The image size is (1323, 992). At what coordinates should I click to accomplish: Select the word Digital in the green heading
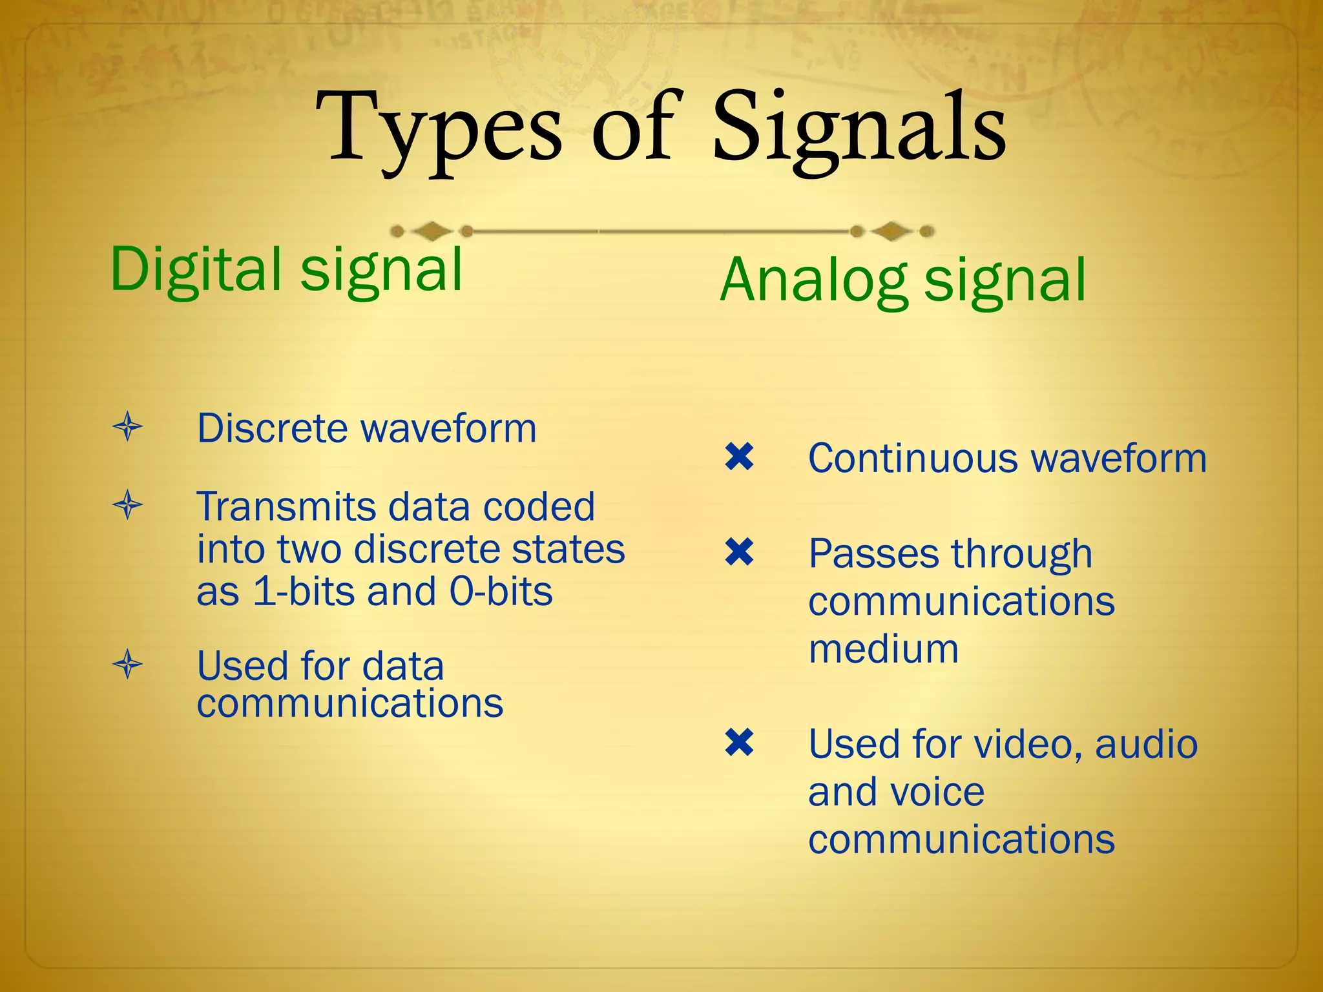(196, 270)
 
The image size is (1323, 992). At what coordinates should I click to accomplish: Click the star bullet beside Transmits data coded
(127, 504)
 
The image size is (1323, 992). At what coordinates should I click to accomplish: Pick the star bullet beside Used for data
(127, 664)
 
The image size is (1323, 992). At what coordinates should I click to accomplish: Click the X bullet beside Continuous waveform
(739, 457)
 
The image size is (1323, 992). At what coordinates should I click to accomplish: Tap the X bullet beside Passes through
(739, 553)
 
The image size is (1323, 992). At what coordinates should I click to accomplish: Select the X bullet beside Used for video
(739, 743)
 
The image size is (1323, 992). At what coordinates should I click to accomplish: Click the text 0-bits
(501, 592)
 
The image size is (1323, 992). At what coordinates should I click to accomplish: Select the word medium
(883, 649)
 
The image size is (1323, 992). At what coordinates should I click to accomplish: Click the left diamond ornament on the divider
(432, 231)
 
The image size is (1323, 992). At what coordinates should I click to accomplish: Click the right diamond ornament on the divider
(891, 231)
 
